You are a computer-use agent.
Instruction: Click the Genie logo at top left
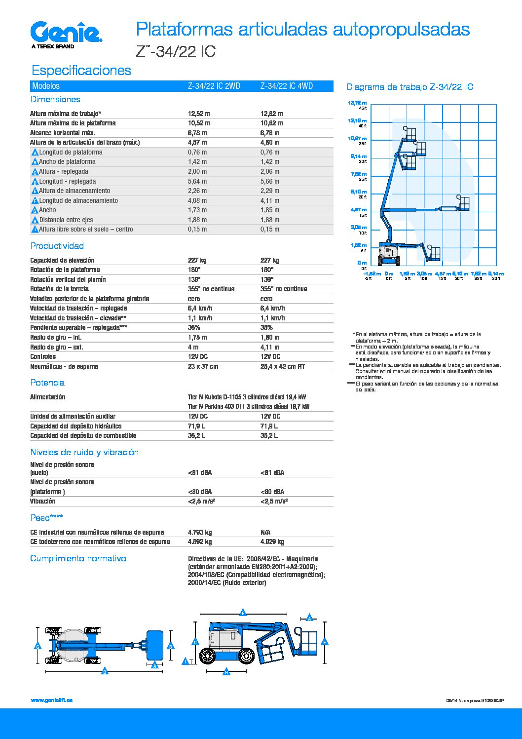coord(66,33)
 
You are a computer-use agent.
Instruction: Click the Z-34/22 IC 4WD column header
coord(286,86)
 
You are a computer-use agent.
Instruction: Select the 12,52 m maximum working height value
coord(198,114)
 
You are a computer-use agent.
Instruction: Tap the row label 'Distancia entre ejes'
coord(66,220)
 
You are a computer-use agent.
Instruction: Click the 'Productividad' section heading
coord(57,246)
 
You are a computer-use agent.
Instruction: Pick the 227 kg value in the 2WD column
coord(197,260)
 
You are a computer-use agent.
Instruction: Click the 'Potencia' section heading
coord(47,383)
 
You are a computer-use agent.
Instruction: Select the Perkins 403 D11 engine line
coord(249,406)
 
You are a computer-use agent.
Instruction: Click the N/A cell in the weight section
coord(265,532)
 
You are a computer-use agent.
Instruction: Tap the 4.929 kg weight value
coord(272,542)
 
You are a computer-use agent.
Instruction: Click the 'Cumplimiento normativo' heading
coord(78,558)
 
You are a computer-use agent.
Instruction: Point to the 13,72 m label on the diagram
coord(357,103)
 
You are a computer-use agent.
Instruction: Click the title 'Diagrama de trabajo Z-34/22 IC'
coord(410,87)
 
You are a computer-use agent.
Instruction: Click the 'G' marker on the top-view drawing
coord(37,646)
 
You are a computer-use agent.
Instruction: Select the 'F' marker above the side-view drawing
coord(243,613)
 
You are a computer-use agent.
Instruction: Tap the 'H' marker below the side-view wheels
coord(226,672)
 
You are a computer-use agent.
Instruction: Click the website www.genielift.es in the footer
coord(51,700)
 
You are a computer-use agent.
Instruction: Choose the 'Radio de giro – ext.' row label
coord(56,347)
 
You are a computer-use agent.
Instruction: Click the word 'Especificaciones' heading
coord(81,70)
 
